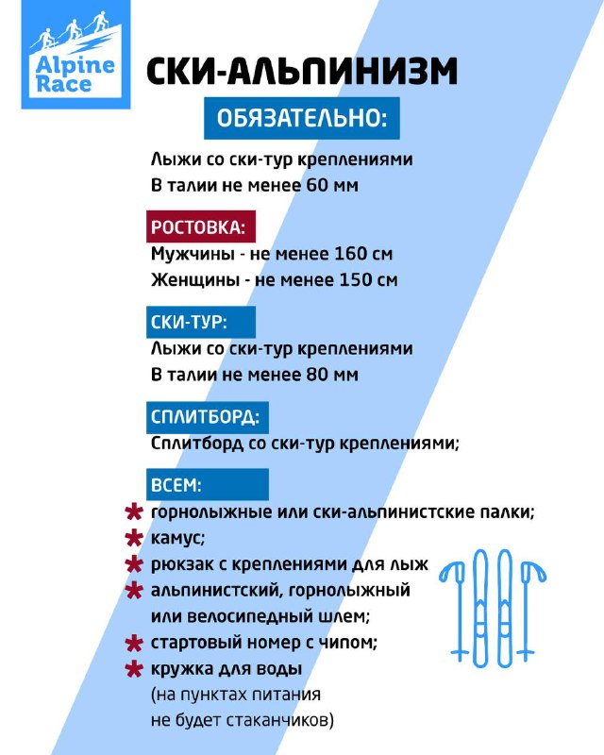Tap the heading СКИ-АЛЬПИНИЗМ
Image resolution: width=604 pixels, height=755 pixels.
click(x=302, y=75)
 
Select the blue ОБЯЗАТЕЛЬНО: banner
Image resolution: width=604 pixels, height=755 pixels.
click(x=302, y=121)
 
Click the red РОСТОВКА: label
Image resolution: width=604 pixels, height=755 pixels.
click(x=198, y=228)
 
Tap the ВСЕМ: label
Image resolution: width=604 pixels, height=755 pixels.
click(x=176, y=485)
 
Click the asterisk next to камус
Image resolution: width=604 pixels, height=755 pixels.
click(x=134, y=539)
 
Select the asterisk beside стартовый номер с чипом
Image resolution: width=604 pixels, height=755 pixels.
click(x=134, y=645)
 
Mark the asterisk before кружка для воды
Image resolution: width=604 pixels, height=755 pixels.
click(x=134, y=670)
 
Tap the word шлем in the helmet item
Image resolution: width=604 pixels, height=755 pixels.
click(x=341, y=617)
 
